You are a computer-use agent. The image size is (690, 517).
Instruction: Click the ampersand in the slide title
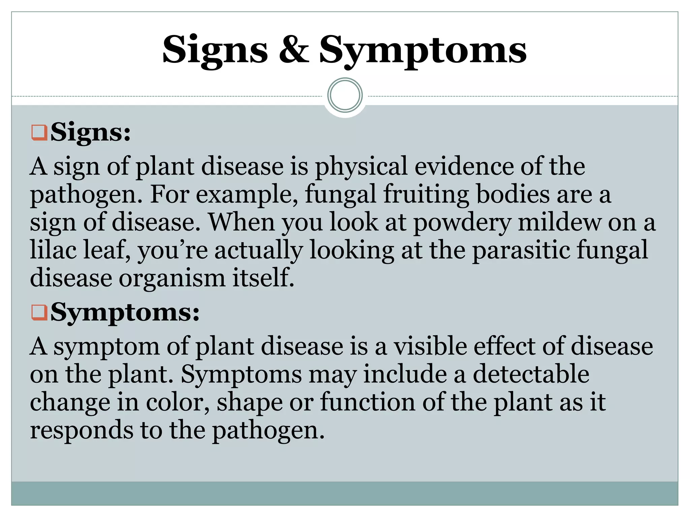click(294, 50)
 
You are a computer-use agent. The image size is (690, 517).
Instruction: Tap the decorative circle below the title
click(345, 95)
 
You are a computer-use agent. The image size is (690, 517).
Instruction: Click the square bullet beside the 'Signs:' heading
click(39, 133)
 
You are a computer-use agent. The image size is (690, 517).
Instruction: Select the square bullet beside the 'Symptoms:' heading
click(39, 312)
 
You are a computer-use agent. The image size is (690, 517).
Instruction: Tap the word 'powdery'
click(462, 223)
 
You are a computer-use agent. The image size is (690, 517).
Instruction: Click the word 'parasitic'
click(521, 250)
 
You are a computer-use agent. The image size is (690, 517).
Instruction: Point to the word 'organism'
click(172, 278)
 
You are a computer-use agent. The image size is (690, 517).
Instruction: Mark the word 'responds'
click(82, 430)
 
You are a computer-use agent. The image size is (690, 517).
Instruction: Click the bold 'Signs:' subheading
click(90, 133)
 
